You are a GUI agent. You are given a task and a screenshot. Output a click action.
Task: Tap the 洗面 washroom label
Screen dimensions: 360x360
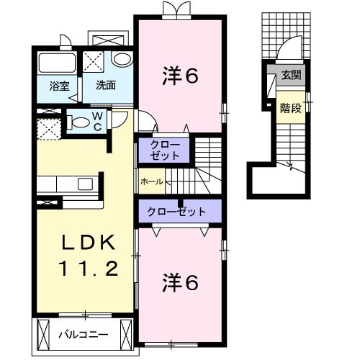coord(106,86)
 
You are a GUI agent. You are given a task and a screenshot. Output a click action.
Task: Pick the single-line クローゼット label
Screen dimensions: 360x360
coord(176,212)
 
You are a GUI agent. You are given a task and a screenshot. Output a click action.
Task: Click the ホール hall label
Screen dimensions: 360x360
coord(151,181)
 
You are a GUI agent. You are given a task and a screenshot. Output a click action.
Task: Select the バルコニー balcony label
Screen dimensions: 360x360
coord(84,334)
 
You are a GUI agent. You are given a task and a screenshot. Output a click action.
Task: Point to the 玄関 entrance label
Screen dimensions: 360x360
coord(290,74)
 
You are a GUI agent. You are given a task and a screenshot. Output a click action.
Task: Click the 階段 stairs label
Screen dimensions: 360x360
coord(290,108)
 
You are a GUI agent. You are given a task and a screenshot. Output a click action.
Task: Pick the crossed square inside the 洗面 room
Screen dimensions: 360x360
coord(92,60)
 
